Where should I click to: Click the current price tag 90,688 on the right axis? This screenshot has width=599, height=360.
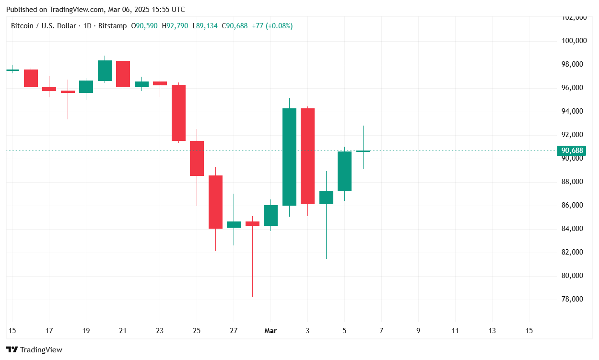(x=572, y=151)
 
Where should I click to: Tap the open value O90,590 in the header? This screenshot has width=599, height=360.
(x=144, y=26)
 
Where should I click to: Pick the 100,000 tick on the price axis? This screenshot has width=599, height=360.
(x=574, y=41)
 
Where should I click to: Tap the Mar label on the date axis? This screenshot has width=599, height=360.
(x=270, y=330)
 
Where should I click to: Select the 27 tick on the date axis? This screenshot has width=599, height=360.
(x=234, y=330)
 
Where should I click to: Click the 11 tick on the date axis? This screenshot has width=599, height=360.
(x=455, y=330)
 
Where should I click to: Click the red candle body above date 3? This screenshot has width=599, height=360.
(x=307, y=156)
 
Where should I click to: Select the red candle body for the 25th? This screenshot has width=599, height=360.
(x=197, y=158)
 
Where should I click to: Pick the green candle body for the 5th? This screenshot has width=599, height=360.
(x=344, y=171)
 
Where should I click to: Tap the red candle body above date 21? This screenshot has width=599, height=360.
(x=123, y=74)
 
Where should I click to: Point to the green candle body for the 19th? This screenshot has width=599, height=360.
(x=86, y=86)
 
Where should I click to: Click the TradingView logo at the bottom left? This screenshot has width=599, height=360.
(x=34, y=350)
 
